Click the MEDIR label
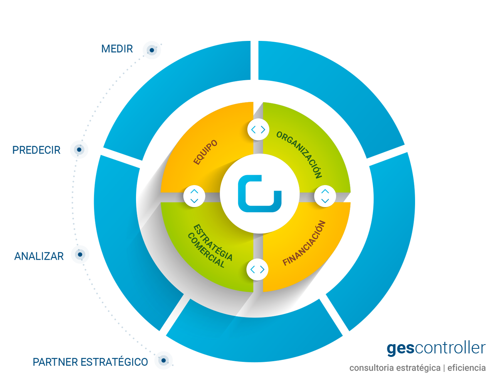coord(117,49)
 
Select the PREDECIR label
coord(37,150)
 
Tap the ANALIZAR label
coord(39,256)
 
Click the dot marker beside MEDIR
coord(152,50)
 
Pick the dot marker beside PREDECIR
coord(79,150)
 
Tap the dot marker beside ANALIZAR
coord(80,255)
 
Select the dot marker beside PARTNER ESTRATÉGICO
coord(163,360)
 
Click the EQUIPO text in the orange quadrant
coord(205,152)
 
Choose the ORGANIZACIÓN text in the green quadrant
coord(299,155)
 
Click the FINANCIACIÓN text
coord(304,243)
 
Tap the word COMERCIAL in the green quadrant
coord(206,250)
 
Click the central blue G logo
coord(260,194)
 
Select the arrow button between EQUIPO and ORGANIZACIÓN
coord(258,129)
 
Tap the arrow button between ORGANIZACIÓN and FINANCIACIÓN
coord(325,196)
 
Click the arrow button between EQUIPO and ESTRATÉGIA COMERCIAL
coord(194,196)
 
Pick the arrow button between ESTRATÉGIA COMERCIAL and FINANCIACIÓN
coord(257,269)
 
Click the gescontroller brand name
coord(436,348)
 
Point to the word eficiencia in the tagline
coord(467,368)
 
